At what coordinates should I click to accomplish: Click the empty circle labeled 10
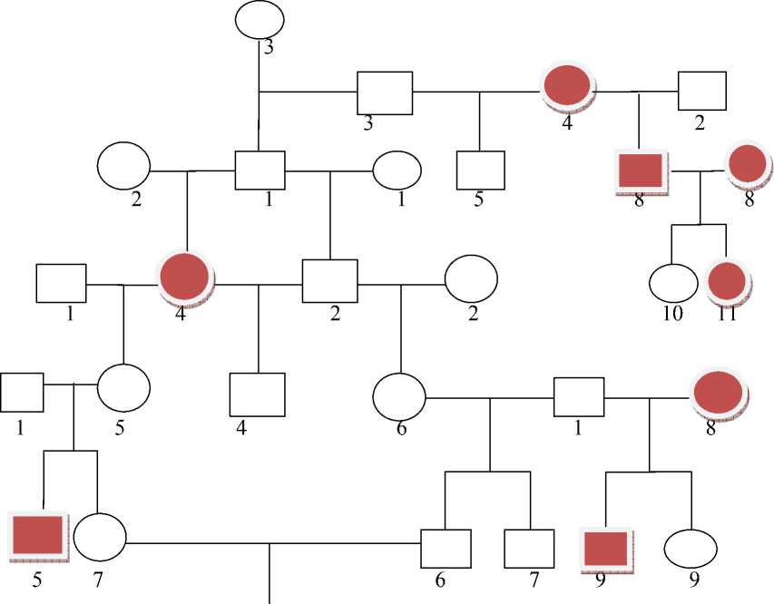click(x=672, y=281)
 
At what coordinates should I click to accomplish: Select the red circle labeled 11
click(x=729, y=281)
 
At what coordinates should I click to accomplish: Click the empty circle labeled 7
click(x=99, y=537)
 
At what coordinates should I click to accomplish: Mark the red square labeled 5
click(x=37, y=534)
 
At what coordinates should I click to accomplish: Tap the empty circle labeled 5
click(x=123, y=388)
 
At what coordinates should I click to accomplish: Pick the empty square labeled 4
click(x=258, y=395)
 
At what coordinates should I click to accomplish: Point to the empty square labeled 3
click(x=385, y=93)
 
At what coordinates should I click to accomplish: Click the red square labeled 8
click(x=641, y=170)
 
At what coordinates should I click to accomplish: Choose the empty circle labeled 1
click(x=397, y=170)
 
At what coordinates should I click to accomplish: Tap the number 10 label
click(x=672, y=314)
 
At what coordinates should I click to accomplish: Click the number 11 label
click(x=728, y=314)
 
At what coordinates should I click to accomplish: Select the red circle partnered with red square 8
click(x=748, y=164)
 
